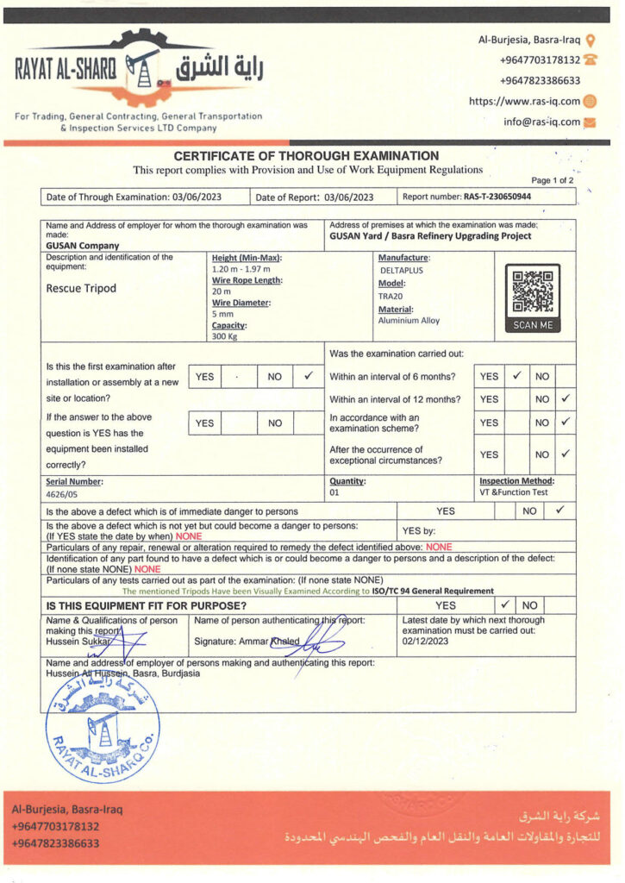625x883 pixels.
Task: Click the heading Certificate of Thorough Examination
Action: coord(306,156)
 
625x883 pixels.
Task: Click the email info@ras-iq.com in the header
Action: coord(542,122)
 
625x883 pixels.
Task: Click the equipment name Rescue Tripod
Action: coord(80,289)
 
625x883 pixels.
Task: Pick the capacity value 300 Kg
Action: coord(226,337)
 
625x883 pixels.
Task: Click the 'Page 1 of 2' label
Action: coord(552,180)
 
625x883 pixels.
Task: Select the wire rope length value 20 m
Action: coord(222,291)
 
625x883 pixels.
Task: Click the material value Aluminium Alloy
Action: coord(409,321)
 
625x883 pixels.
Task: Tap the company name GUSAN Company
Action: coord(83,245)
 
